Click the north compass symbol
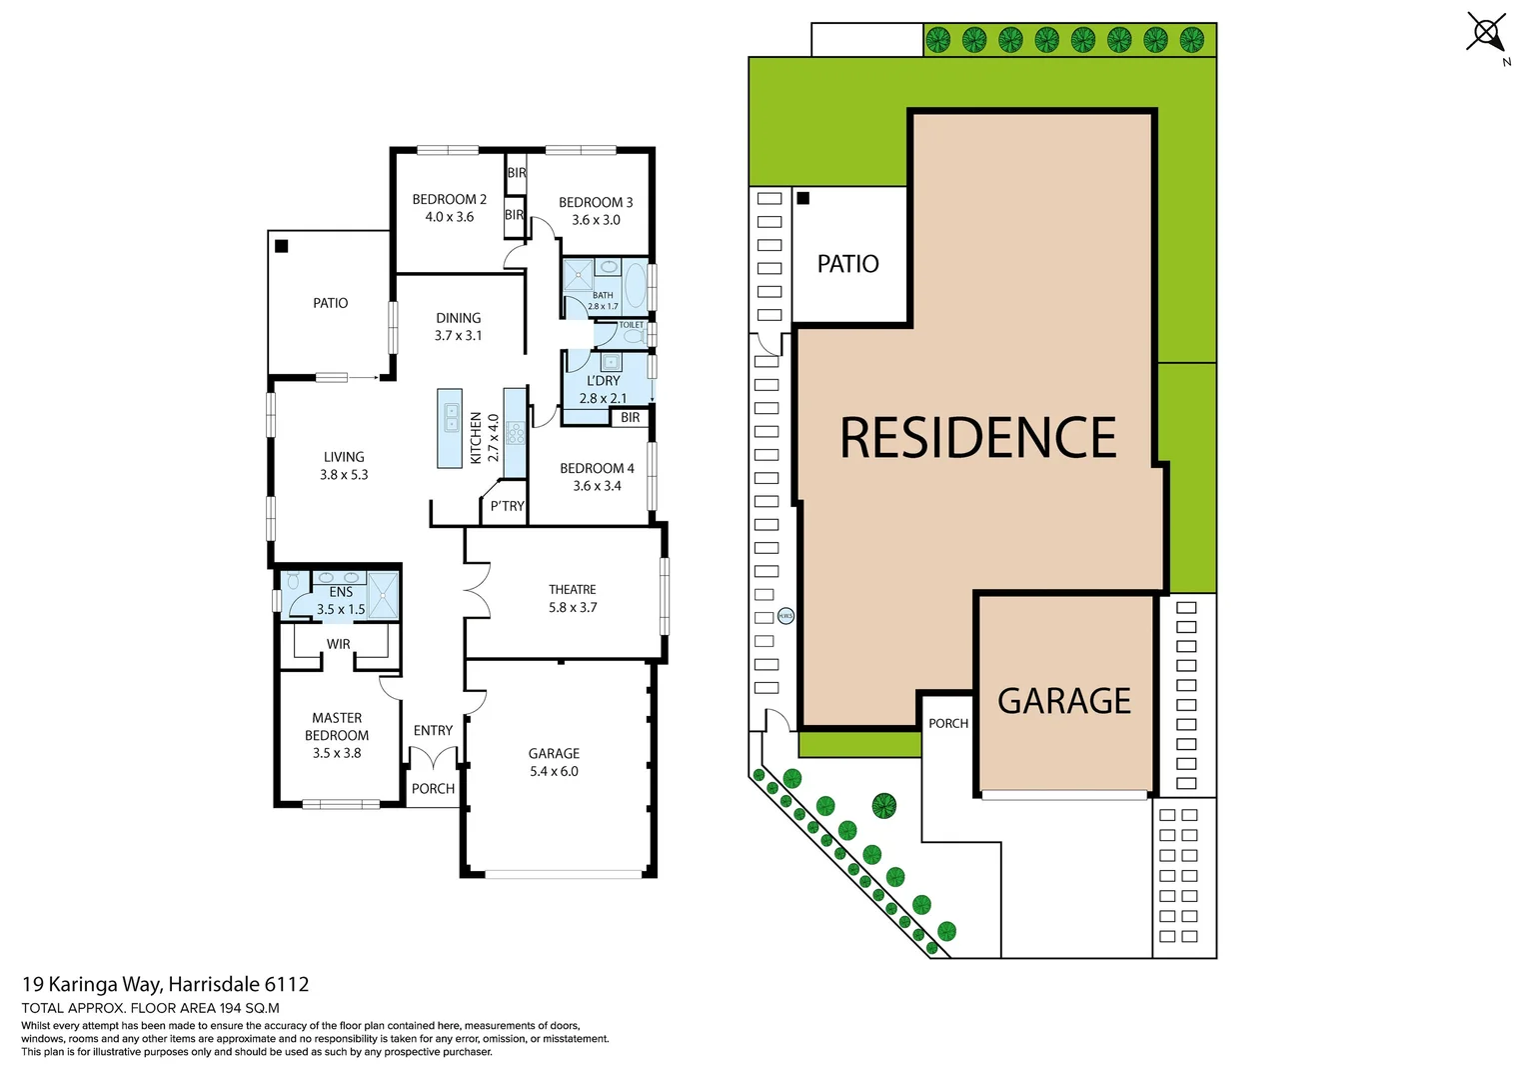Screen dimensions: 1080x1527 [x=1487, y=33]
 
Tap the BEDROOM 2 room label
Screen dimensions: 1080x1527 [x=449, y=199]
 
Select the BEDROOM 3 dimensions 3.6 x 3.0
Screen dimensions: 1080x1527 [x=596, y=220]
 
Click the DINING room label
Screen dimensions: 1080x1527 [x=458, y=318]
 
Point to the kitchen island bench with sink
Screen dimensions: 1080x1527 [x=450, y=428]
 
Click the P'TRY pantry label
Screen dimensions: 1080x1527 [x=507, y=506]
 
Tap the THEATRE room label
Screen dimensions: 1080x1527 [x=572, y=590]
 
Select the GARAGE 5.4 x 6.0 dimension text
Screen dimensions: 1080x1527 [x=554, y=771]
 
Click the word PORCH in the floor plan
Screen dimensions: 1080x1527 [x=433, y=789]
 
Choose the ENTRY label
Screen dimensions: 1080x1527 [x=433, y=731]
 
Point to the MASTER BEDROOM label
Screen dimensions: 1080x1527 [x=337, y=727]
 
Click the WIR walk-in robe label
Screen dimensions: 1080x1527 [x=339, y=644]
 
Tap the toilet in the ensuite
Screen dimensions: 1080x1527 [x=293, y=581]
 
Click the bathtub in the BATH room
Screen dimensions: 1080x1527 [x=635, y=283]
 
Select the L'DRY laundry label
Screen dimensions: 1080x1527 [x=604, y=381]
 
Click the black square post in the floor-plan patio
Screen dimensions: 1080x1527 [x=282, y=246]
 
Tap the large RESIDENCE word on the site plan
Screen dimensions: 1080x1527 [x=977, y=438]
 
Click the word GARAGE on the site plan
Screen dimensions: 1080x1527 [x=1064, y=701]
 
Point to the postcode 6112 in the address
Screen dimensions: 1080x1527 [x=287, y=985]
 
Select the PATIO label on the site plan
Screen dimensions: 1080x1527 [x=847, y=264]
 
